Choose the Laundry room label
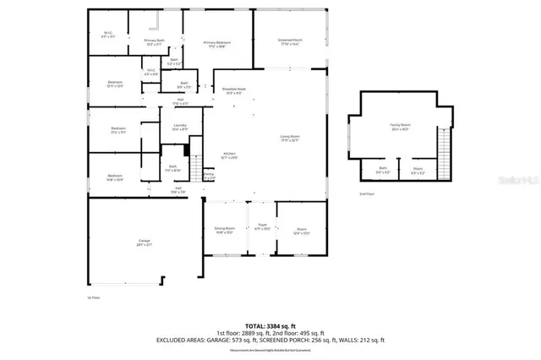coord(180,128)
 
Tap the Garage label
coord(145,243)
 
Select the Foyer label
coord(262,227)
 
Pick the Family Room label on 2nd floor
coord(399,128)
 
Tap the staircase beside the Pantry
coord(194,167)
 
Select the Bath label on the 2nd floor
coord(383,170)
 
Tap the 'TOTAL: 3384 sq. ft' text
coord(270,325)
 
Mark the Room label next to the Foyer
coord(302,231)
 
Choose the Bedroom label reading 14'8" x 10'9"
coord(116,177)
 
